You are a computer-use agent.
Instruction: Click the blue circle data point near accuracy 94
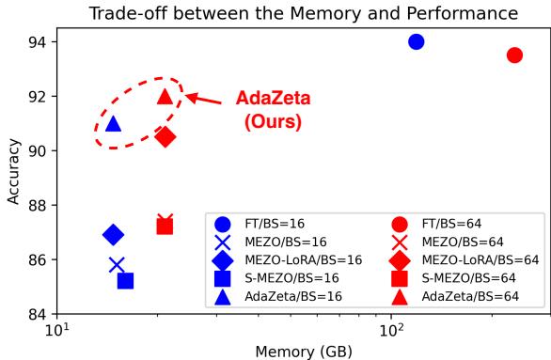click(x=416, y=41)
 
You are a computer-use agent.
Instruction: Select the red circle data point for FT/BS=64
click(x=514, y=55)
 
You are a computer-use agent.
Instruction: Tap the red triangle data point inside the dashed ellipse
click(x=165, y=96)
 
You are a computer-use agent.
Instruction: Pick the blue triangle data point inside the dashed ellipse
click(x=113, y=123)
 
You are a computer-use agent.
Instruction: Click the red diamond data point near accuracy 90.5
click(x=165, y=137)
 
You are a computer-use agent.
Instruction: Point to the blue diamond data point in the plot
click(x=113, y=234)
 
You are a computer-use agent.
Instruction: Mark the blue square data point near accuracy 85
click(x=125, y=280)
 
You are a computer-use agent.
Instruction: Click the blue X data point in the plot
click(x=117, y=265)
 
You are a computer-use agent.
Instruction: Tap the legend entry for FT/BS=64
click(x=448, y=224)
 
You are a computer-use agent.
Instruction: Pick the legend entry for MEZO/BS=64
click(x=457, y=242)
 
